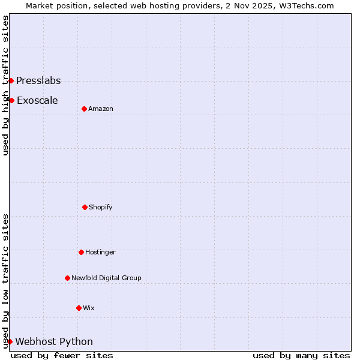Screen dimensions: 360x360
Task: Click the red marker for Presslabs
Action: (x=11, y=80)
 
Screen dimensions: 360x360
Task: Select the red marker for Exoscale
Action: (x=11, y=100)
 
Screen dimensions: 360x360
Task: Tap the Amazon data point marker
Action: (x=84, y=109)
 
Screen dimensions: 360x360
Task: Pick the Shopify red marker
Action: (x=85, y=207)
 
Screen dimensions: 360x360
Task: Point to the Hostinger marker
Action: (x=81, y=252)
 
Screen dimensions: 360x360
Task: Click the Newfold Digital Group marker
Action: (x=67, y=278)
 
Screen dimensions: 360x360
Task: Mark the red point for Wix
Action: (x=79, y=308)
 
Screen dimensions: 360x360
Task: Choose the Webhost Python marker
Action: (x=10, y=341)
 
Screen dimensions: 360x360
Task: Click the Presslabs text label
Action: (x=38, y=81)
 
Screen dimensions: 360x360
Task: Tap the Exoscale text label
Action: (x=37, y=101)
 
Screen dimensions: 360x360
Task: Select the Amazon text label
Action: (x=101, y=109)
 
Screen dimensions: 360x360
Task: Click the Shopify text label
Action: (x=101, y=208)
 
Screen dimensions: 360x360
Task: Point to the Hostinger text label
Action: (x=100, y=253)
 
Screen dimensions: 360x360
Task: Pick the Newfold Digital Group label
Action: (x=106, y=278)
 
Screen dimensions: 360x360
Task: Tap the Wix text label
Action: (x=89, y=308)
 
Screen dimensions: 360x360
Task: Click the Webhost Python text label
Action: (x=54, y=342)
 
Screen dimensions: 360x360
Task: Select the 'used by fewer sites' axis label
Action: (x=62, y=355)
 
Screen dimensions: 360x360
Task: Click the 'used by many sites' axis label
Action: (x=301, y=355)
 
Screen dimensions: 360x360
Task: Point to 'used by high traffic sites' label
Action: (x=5, y=85)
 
